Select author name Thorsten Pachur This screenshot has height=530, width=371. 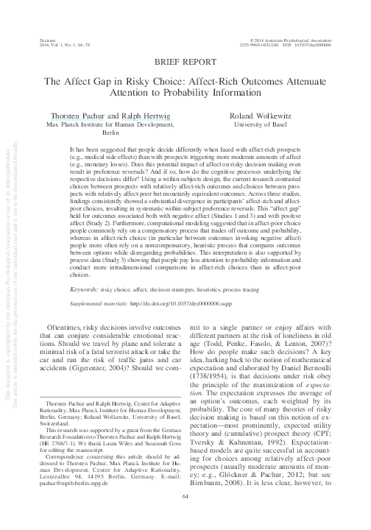[x=77, y=116]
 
